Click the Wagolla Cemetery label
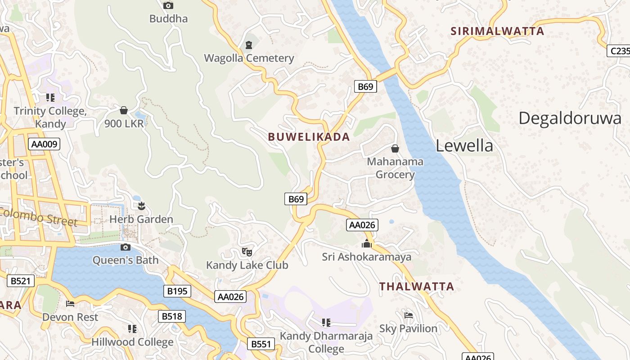249,58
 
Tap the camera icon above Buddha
168,5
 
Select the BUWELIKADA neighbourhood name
309,137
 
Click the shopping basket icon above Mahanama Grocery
395,148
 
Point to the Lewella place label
464,145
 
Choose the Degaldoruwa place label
570,118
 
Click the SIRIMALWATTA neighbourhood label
497,31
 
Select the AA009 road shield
44,144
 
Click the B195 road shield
177,291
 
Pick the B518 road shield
172,316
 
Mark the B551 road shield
261,344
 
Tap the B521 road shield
21,281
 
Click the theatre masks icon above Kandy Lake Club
247,252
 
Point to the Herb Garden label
141,219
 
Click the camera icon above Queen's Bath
126,247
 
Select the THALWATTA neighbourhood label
416,286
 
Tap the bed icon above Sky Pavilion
408,315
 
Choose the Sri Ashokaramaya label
366,257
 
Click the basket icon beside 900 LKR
124,110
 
